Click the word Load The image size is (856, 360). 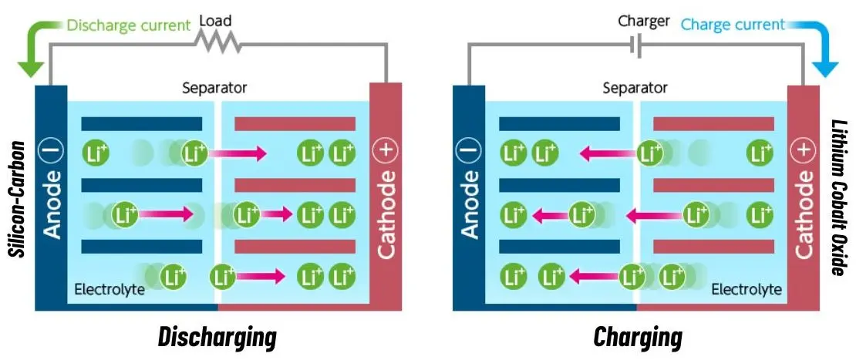coord(216,21)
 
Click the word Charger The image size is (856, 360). coord(643,21)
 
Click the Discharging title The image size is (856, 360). coord(217,337)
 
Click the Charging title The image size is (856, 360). coord(638,337)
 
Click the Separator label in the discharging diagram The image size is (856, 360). coord(214,88)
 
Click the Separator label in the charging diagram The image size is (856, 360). coord(634,88)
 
